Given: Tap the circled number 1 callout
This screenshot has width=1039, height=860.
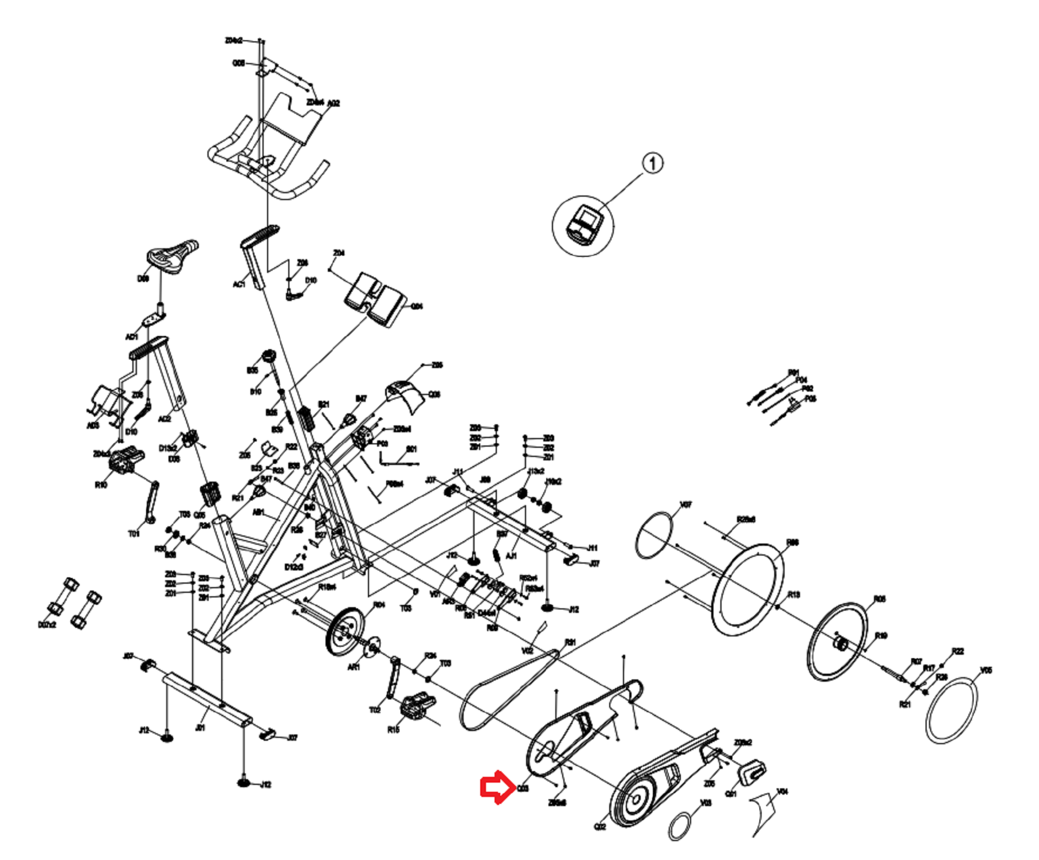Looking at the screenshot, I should pyautogui.click(x=652, y=163).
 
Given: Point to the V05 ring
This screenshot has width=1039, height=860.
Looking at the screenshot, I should pyautogui.click(x=952, y=711).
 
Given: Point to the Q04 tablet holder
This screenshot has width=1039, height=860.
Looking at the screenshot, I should pyautogui.click(x=375, y=298).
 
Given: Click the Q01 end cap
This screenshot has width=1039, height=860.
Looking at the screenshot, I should pyautogui.click(x=752, y=771).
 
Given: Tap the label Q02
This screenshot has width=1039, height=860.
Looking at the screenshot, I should pyautogui.click(x=599, y=826).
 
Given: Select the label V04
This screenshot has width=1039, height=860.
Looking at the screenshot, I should pyautogui.click(x=782, y=792).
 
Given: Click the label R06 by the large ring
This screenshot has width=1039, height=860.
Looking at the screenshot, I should pyautogui.click(x=792, y=542).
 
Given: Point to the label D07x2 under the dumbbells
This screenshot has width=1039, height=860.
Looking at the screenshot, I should pyautogui.click(x=47, y=624).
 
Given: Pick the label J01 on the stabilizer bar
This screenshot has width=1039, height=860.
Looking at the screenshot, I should pyautogui.click(x=200, y=728).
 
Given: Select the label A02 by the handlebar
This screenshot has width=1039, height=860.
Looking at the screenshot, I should pyautogui.click(x=333, y=103).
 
